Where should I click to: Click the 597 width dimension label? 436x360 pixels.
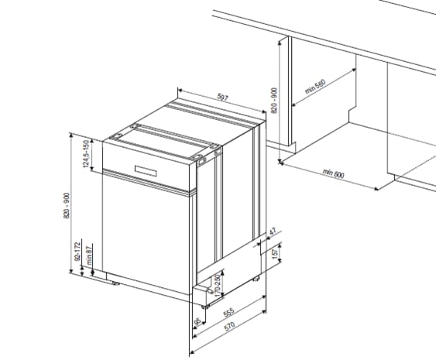(223, 98)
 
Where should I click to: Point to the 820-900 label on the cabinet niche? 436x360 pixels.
(273, 100)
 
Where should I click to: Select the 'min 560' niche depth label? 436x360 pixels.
(315, 86)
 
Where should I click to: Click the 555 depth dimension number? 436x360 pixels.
(229, 312)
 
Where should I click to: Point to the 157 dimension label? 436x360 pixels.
(275, 252)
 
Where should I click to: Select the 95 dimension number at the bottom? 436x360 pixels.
(198, 321)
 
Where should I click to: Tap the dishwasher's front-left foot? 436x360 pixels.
(117, 283)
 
